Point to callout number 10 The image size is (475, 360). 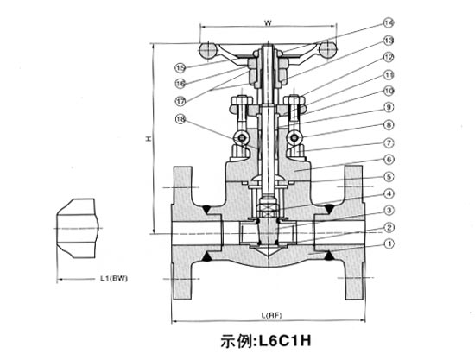(389, 91)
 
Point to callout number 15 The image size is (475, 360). (180, 66)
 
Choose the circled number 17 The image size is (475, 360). (180, 100)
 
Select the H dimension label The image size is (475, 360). (150, 138)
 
